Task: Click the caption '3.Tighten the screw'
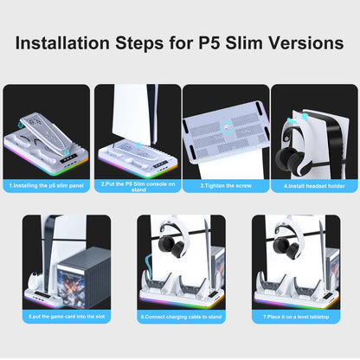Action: (225, 185)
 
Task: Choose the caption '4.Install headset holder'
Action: (314, 185)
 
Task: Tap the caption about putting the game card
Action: (67, 317)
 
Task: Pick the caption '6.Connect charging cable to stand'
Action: (181, 317)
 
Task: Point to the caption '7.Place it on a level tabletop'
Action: (294, 317)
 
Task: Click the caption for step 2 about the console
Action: (137, 185)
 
